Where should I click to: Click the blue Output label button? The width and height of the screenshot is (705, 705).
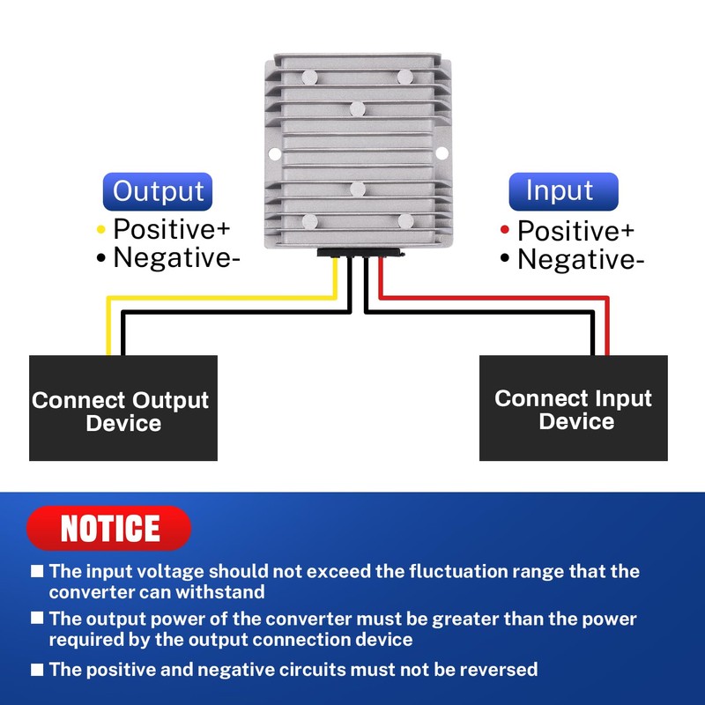158,191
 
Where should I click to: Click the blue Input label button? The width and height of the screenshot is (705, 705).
563,191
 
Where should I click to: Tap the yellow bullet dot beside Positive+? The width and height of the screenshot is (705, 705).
101,230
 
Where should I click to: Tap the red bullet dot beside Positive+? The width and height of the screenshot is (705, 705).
505,230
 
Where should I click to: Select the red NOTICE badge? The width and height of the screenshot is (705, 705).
108,528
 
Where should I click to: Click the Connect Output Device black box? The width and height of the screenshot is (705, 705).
123,408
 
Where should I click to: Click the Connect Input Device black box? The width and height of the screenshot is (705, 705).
574,408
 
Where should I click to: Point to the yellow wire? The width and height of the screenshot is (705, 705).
220,298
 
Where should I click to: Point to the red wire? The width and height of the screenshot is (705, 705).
494,298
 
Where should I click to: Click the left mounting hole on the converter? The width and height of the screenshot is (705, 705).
275,153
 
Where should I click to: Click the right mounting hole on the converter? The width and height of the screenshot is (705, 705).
442,153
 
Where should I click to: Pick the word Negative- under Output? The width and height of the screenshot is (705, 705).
177,257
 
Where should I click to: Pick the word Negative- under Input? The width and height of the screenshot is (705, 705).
581,259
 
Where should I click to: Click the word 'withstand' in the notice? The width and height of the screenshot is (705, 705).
219,591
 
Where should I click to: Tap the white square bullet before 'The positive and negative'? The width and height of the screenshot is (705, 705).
37,670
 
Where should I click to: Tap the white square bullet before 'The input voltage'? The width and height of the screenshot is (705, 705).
37,571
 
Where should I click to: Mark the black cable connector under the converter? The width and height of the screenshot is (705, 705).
360,253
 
